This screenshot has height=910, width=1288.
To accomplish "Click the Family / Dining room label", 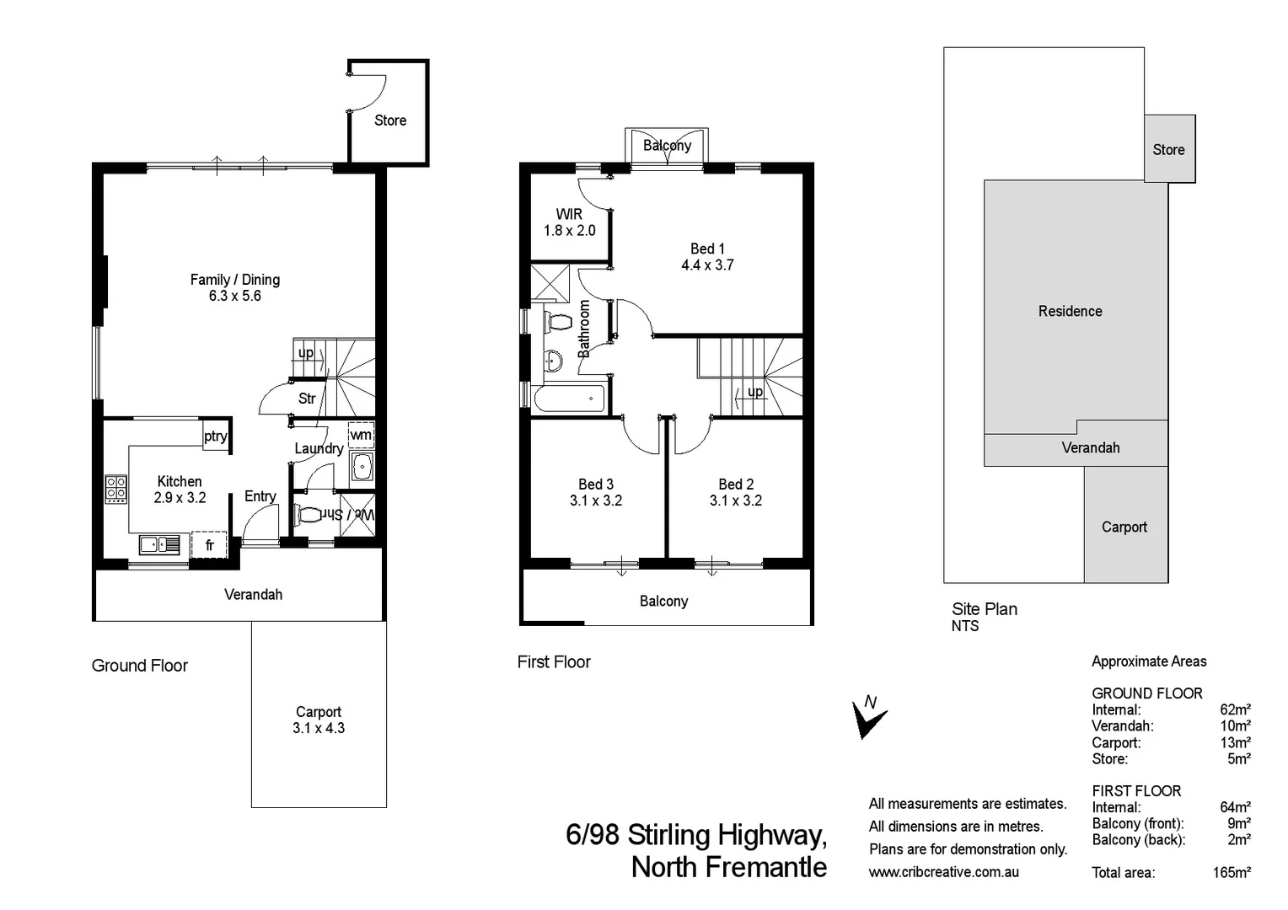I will pyautogui.click(x=234, y=280).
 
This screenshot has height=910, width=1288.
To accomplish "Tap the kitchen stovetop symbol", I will pyautogui.click(x=115, y=490).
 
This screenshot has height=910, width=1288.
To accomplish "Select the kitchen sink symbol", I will pyautogui.click(x=159, y=545).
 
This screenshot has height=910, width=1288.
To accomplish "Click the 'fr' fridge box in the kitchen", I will pyautogui.click(x=209, y=544).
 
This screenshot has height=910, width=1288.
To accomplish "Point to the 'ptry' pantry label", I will pyautogui.click(x=216, y=436).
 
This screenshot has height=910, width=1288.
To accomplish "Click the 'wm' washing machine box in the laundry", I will pyautogui.click(x=361, y=435).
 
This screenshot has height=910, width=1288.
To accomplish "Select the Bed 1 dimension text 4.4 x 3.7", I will pyautogui.click(x=707, y=265).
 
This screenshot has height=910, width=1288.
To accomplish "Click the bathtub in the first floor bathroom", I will pyautogui.click(x=569, y=399).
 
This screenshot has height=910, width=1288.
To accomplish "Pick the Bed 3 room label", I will pyautogui.click(x=595, y=484).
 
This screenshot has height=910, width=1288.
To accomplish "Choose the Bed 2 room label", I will pyautogui.click(x=736, y=484).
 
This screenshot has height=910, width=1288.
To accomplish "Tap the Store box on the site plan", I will pyautogui.click(x=1169, y=149).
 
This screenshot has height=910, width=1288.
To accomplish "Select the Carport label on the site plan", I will pyautogui.click(x=1124, y=527).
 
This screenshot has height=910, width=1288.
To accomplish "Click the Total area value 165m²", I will pyautogui.click(x=1232, y=873).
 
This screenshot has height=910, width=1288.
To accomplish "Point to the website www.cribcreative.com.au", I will pyautogui.click(x=943, y=872).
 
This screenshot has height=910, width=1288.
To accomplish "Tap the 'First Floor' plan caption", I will pyautogui.click(x=554, y=662).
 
